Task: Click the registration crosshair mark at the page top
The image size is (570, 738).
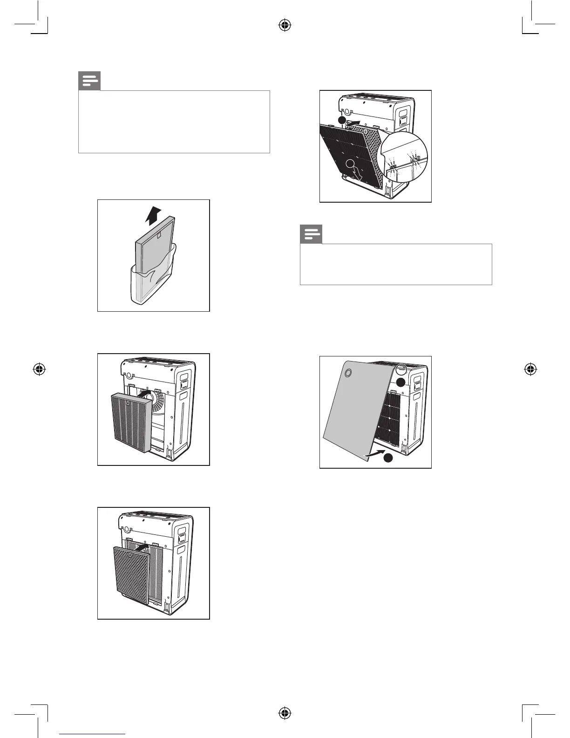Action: tap(285, 26)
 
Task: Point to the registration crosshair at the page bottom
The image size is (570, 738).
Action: tap(285, 713)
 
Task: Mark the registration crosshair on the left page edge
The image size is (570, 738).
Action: tap(40, 369)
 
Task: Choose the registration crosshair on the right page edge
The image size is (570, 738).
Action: tap(529, 369)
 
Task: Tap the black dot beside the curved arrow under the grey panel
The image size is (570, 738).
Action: tap(387, 458)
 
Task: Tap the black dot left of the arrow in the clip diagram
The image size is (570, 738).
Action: tap(342, 120)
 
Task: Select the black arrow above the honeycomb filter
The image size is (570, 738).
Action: tap(144, 545)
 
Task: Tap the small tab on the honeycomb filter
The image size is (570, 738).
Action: tap(146, 550)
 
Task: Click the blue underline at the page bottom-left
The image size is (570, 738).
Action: tap(92, 734)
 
